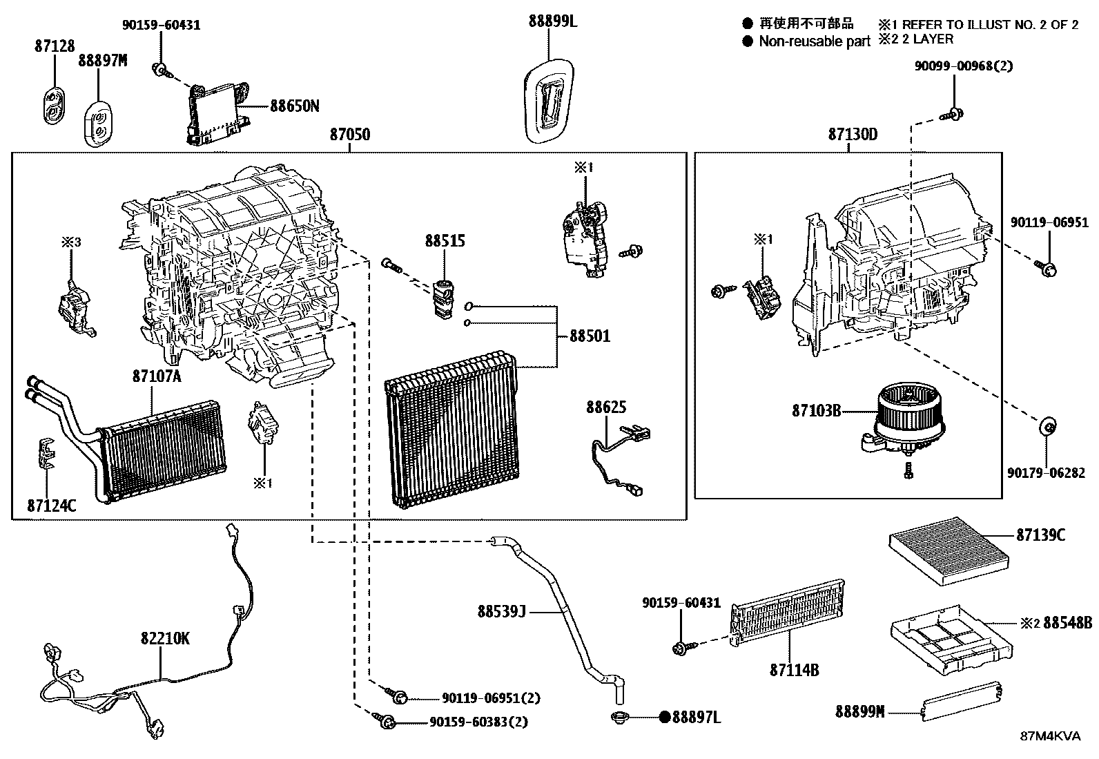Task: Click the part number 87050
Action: coord(349,134)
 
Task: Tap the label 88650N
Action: coord(295,106)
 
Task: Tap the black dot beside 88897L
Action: coord(665,718)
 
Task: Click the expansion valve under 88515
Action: coord(442,299)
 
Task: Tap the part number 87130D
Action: coord(853,134)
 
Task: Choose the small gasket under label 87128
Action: coord(54,106)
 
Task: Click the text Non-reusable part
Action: coord(815,41)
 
